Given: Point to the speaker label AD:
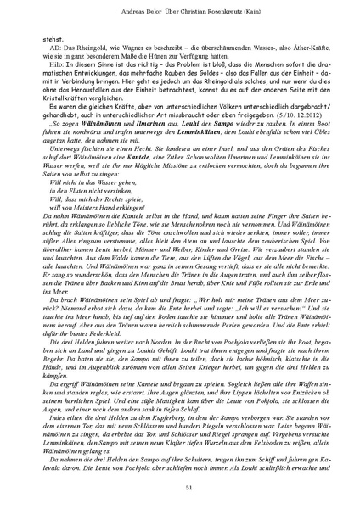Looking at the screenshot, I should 53,50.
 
